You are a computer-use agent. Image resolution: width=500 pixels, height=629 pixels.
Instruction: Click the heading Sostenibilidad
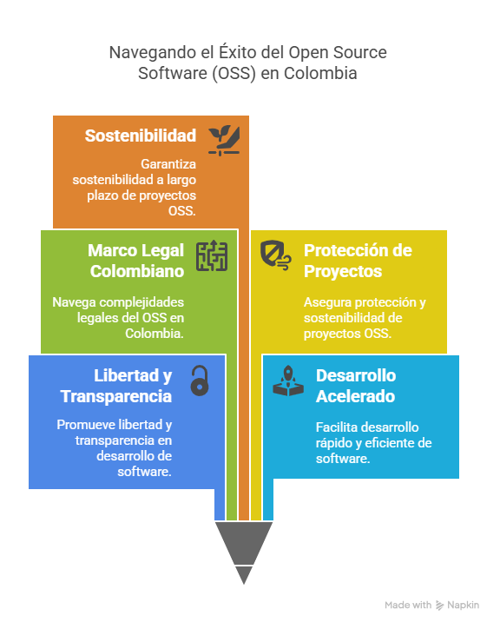coord(141,136)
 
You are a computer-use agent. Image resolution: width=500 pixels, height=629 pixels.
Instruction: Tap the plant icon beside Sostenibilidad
coord(224,141)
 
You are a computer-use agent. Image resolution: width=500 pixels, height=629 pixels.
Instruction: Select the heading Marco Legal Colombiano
coord(136,261)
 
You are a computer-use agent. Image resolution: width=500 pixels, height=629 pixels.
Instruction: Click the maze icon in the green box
coord(212,256)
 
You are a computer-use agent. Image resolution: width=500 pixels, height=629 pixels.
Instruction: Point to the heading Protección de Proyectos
coord(358,261)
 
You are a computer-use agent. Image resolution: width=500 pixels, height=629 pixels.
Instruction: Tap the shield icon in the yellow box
coord(275,255)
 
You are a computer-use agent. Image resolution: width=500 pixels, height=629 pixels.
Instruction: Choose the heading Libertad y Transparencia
coord(116,386)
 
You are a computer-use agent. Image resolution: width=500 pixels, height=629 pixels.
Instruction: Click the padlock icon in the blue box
coord(200,381)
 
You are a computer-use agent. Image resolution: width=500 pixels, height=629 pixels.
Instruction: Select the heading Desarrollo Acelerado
coord(356,386)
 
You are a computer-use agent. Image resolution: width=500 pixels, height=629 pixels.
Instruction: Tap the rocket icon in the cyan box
coord(288,381)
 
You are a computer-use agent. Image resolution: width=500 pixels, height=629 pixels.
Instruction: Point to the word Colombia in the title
coord(320,73)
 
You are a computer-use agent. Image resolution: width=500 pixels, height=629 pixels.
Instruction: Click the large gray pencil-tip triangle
coord(244,541)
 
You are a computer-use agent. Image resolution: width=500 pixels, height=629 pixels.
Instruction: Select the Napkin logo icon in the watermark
coord(439,606)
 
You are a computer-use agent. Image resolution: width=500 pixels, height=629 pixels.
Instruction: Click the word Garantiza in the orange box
coord(168,164)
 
